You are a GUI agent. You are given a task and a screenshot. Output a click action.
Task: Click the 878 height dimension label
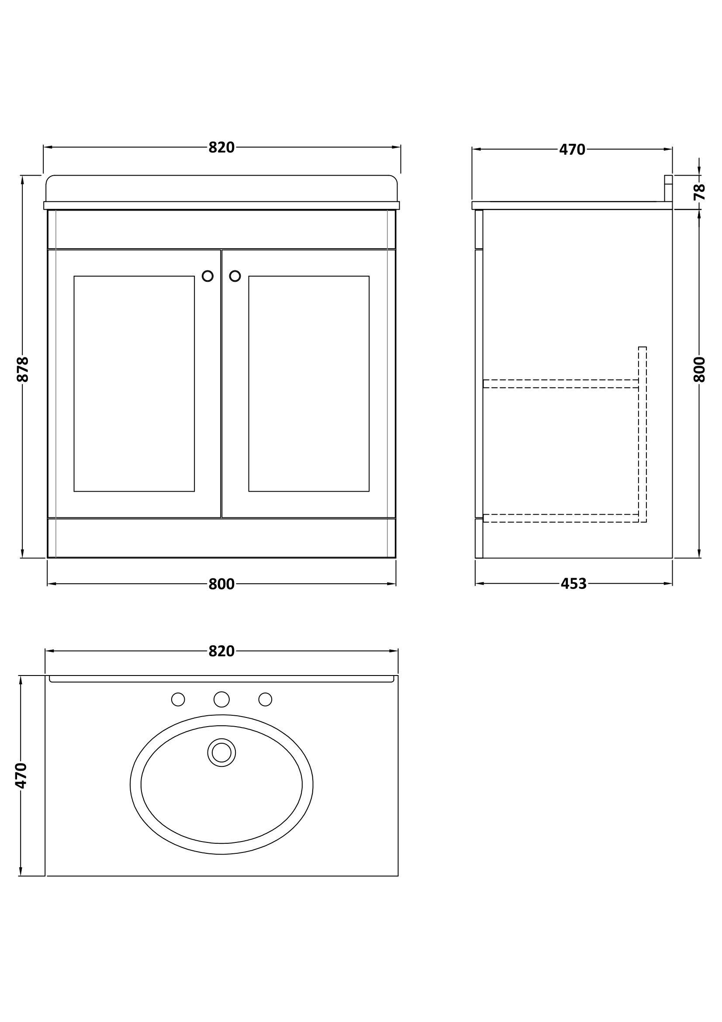click(22, 369)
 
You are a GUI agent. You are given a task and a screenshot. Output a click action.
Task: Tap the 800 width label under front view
click(221, 584)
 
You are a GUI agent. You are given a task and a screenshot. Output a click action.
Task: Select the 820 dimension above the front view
click(221, 147)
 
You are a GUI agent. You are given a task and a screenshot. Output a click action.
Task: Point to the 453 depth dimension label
click(573, 584)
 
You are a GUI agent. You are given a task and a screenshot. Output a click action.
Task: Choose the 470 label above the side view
click(572, 150)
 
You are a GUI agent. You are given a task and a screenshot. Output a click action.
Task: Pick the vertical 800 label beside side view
click(699, 369)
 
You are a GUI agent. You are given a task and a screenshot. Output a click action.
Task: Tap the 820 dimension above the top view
click(221, 651)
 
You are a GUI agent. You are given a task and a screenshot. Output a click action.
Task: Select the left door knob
click(208, 277)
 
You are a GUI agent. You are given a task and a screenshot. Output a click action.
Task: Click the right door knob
click(235, 277)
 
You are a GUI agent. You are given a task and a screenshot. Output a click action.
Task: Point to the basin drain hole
click(221, 752)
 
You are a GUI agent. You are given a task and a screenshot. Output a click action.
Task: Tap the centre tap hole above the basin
click(221, 699)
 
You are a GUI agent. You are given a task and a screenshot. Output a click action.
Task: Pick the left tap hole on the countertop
click(178, 699)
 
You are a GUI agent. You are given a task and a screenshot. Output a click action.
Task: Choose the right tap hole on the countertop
click(265, 699)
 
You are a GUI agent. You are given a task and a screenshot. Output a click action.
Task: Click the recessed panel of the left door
click(135, 384)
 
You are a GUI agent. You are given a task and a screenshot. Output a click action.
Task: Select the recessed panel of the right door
click(309, 384)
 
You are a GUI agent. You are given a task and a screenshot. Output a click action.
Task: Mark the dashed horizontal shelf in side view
click(561, 384)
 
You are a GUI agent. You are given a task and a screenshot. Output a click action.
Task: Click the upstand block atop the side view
click(668, 189)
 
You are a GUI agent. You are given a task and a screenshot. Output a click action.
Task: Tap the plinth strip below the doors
click(221, 537)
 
